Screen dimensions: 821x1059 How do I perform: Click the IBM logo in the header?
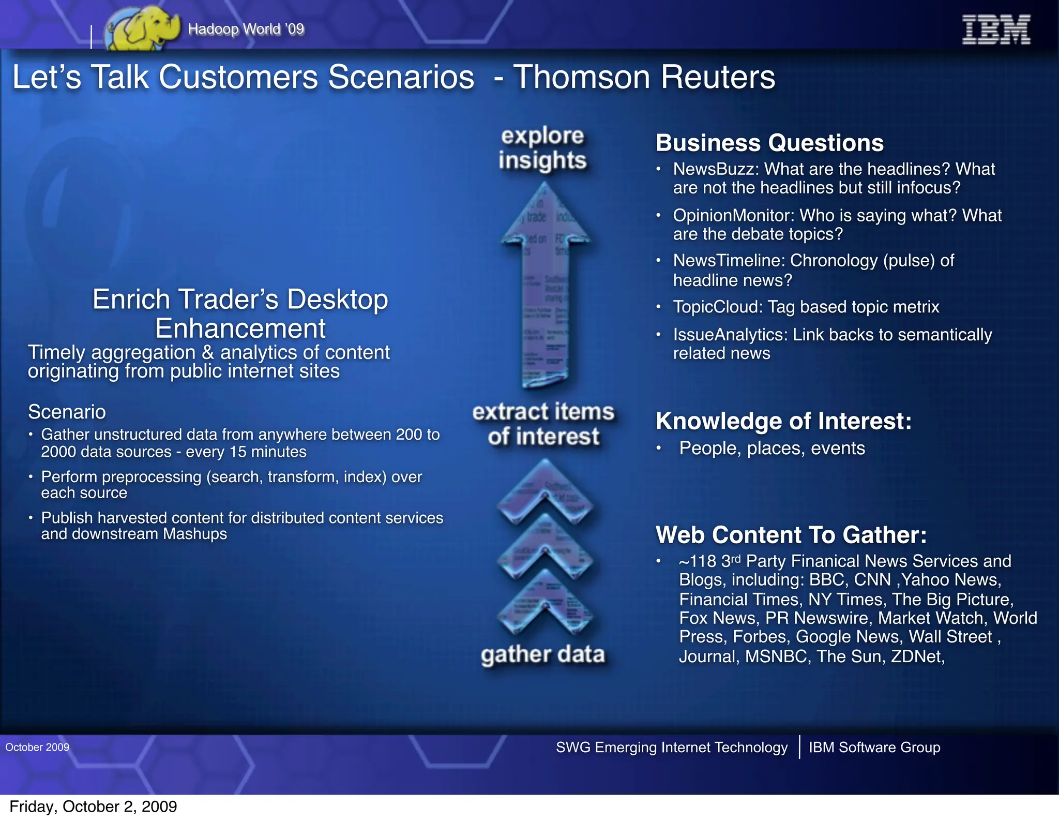pyautogui.click(x=996, y=30)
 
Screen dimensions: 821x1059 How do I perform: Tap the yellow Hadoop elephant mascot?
pyautogui.click(x=142, y=29)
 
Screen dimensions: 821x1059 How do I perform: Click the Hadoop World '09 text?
pyautogui.click(x=246, y=29)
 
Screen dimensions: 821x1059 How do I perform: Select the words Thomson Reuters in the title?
pyautogui.click(x=644, y=78)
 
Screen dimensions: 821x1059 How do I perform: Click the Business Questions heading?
pyautogui.click(x=769, y=143)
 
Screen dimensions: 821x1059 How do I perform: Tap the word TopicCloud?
pyautogui.click(x=717, y=307)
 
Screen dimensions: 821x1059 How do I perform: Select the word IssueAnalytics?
pyautogui.click(x=730, y=335)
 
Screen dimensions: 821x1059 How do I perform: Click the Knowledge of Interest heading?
pyautogui.click(x=783, y=421)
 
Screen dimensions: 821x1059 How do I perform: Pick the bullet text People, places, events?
pyautogui.click(x=771, y=448)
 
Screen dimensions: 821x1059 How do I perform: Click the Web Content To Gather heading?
pyautogui.click(x=791, y=535)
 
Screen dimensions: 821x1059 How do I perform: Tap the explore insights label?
pyautogui.click(x=542, y=148)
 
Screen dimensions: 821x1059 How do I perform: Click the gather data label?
pyautogui.click(x=542, y=654)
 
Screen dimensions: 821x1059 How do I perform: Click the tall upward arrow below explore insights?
pyautogui.click(x=544, y=290)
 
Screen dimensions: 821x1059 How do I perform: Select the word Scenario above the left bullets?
pyautogui.click(x=67, y=412)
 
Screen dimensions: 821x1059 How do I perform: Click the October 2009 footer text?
pyautogui.click(x=37, y=747)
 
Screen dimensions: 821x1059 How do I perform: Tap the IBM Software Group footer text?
pyautogui.click(x=874, y=747)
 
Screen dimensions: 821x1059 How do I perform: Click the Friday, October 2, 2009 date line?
pyautogui.click(x=93, y=807)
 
